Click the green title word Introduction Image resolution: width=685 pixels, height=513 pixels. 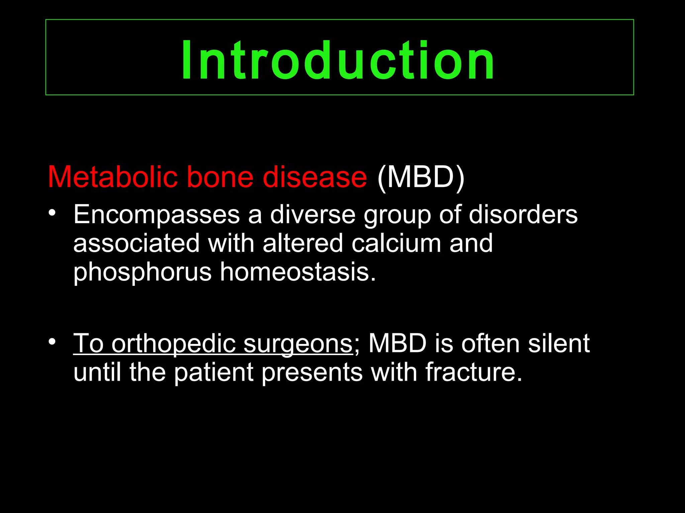point(338,60)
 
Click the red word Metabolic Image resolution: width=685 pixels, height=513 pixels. point(112,177)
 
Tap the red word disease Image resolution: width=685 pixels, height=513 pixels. point(315,177)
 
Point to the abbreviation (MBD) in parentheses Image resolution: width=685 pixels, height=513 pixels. point(421,177)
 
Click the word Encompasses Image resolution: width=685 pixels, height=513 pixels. point(157,215)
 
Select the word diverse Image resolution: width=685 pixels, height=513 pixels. point(313,215)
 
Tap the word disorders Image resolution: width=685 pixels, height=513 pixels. point(523,215)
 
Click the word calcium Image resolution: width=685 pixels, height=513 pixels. point(396,243)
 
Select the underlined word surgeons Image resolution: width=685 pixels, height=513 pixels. point(298,344)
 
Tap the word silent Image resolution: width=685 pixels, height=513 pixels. point(559,344)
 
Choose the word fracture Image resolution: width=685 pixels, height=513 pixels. point(473,372)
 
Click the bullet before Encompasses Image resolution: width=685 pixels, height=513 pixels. point(52,213)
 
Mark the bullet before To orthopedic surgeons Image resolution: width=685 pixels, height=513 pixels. point(52,342)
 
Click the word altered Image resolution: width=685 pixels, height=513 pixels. point(303,243)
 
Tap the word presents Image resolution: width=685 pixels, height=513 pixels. point(312,372)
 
